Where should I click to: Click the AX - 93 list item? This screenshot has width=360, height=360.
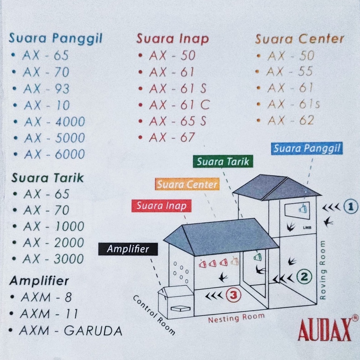[x=46, y=89]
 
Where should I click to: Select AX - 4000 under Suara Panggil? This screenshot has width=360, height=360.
[x=54, y=122]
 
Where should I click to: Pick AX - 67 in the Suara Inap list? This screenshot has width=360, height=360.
[x=172, y=137]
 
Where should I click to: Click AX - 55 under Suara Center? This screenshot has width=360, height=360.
[x=290, y=72]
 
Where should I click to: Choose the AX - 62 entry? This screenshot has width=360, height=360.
[x=290, y=121]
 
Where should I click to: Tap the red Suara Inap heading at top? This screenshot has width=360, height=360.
[x=172, y=39]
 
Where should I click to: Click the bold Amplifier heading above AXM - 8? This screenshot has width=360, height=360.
[x=39, y=281]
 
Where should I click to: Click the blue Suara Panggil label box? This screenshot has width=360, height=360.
[x=307, y=148]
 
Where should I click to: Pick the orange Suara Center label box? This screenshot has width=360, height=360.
[x=187, y=184]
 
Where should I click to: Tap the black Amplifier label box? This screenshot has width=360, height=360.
[x=128, y=249]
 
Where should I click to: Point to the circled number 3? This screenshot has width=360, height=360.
[x=233, y=295]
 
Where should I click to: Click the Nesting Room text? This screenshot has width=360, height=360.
[x=236, y=317]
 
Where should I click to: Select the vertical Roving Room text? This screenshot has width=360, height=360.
[x=323, y=270]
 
